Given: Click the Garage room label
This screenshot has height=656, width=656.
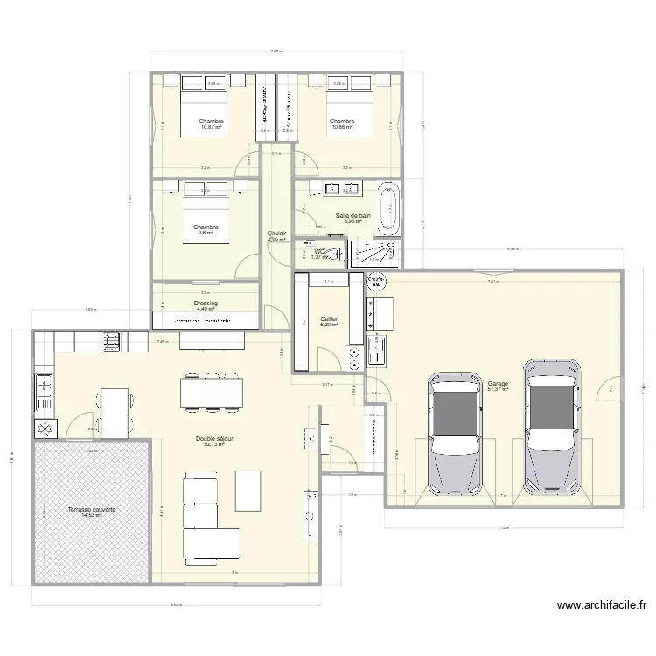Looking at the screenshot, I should tap(498, 383).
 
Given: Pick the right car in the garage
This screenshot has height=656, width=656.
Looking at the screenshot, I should tap(551, 429).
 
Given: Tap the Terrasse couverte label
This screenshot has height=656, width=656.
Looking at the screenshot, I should tap(92, 509).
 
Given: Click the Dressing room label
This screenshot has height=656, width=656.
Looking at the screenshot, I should tap(206, 304).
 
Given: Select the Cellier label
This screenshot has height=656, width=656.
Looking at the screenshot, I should tap(329, 319).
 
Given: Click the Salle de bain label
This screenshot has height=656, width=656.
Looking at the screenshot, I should tap(353, 215).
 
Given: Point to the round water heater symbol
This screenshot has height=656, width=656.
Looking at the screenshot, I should tap(378, 283).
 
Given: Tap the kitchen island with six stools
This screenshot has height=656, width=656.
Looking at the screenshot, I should tap(211, 391).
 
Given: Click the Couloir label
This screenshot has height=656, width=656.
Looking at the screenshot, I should tap(276, 234).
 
